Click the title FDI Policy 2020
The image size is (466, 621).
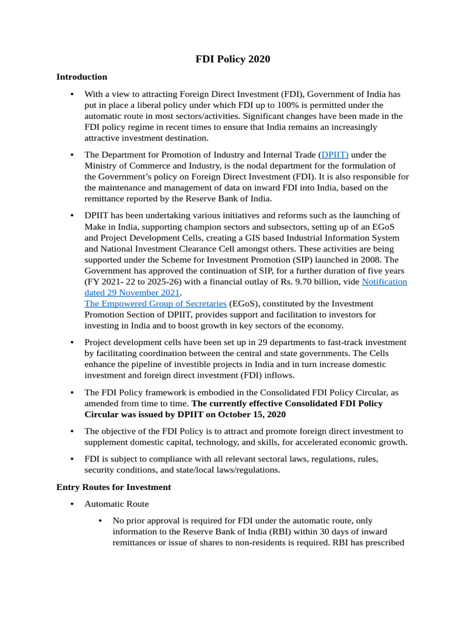[232, 59]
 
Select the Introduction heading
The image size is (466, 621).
[82, 77]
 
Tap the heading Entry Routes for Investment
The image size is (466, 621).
[113, 487]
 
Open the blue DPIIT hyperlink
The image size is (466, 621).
[335, 155]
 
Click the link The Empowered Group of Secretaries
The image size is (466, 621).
[155, 303]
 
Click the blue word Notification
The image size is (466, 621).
[384, 281]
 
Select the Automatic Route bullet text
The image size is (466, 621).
[116, 504]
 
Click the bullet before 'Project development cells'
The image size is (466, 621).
[72, 343]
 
